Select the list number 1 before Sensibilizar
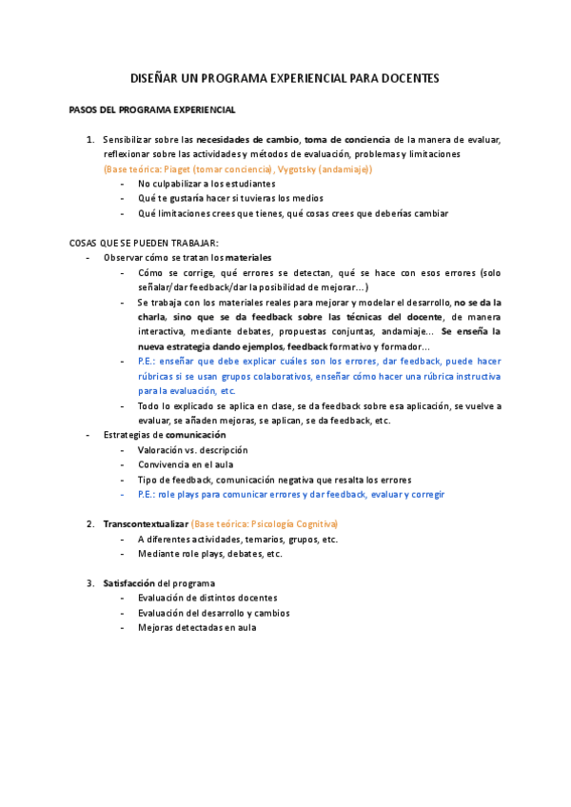(x=89, y=140)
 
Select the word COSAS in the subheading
(x=85, y=243)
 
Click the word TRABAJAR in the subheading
(x=196, y=243)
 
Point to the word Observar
(x=123, y=257)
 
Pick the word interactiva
(x=162, y=331)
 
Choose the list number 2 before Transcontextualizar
(x=89, y=524)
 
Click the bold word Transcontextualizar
(x=146, y=524)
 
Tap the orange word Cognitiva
(x=316, y=524)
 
